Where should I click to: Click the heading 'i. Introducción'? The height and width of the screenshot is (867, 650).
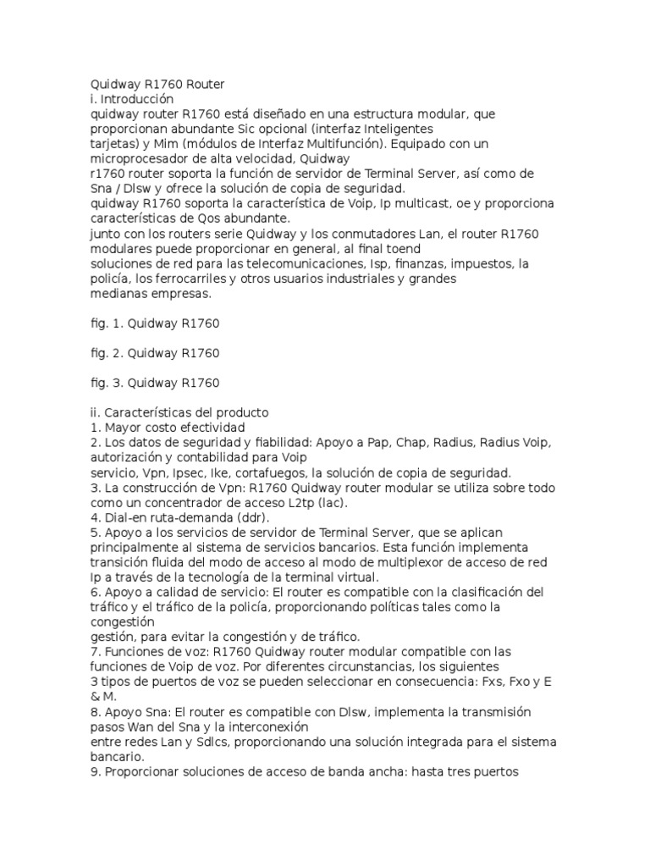point(131,98)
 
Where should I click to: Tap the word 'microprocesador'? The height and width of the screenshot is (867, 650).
point(138,158)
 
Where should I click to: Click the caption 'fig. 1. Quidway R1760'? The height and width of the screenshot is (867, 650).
point(155,323)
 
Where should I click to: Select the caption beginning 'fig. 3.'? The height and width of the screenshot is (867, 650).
point(155,383)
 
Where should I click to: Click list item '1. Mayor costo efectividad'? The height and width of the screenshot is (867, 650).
point(168,428)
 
